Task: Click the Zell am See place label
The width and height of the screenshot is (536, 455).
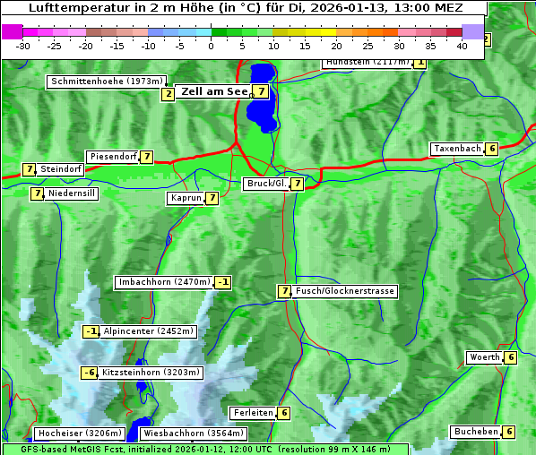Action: pyautogui.click(x=215, y=91)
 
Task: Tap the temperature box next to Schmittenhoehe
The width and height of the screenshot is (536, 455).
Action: pyautogui.click(x=168, y=94)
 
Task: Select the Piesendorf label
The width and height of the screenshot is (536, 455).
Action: pyautogui.click(x=113, y=157)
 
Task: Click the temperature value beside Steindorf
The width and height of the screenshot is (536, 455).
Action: pyautogui.click(x=29, y=169)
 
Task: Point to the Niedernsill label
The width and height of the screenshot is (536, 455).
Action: pyautogui.click(x=72, y=193)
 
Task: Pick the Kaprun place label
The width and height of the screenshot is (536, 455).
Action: pyautogui.click(x=186, y=198)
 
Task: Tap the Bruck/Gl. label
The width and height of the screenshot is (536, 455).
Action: pyautogui.click(x=265, y=184)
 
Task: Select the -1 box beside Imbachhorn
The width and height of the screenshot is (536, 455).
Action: pyautogui.click(x=223, y=283)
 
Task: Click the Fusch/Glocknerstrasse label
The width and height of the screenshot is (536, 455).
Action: pyautogui.click(x=344, y=291)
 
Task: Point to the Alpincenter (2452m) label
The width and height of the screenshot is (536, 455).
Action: pyautogui.click(x=148, y=331)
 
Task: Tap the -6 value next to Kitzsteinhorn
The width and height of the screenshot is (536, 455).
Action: pyautogui.click(x=89, y=373)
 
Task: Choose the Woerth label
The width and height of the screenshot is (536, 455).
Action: pyautogui.click(x=485, y=358)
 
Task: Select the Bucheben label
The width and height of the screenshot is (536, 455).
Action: pyautogui.click(x=476, y=432)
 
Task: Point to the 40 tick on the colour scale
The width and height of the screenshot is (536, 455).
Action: pyautogui.click(x=462, y=46)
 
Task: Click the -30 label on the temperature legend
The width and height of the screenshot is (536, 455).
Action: pyautogui.click(x=23, y=46)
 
